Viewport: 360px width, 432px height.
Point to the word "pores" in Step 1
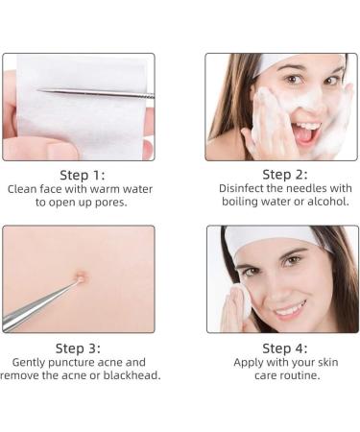(108, 203)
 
